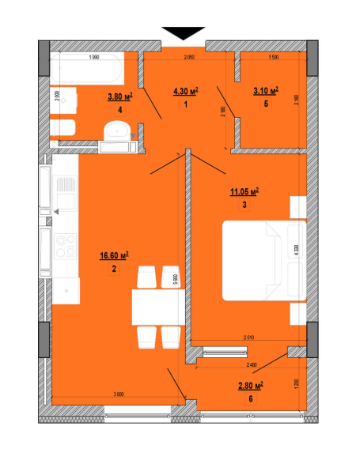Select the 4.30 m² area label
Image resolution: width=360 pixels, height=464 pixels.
coord(184,92)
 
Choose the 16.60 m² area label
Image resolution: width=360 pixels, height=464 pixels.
coord(114,255)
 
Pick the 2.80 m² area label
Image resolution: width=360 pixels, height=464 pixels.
coord(250,386)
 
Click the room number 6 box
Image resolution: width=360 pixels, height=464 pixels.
coord(251,399)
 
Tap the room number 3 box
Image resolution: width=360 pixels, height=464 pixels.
coord(245,205)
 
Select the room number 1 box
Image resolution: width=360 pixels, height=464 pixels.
coord(184,105)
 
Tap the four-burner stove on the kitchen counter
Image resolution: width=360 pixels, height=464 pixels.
coord(63,244)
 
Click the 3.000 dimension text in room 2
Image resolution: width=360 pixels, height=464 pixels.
coord(119,393)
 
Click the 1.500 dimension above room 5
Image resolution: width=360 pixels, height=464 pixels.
coord(273,58)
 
